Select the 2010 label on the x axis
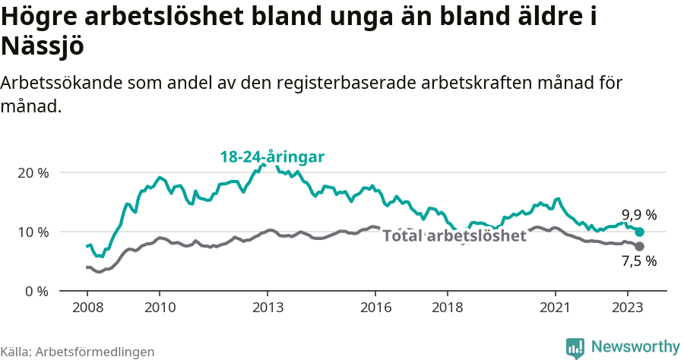click(x=159, y=308)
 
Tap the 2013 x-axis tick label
click(x=268, y=308)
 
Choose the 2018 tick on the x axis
click(x=448, y=308)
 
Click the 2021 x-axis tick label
click(x=556, y=308)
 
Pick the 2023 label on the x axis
click(x=628, y=308)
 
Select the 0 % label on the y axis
click(x=36, y=291)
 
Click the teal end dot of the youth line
click(x=639, y=232)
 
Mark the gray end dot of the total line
click(x=639, y=246)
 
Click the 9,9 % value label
click(x=638, y=214)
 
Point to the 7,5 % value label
click(x=638, y=262)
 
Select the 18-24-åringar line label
click(x=272, y=157)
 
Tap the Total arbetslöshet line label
click(x=454, y=235)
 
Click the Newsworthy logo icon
click(x=575, y=347)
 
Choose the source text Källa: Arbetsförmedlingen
click(x=78, y=352)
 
